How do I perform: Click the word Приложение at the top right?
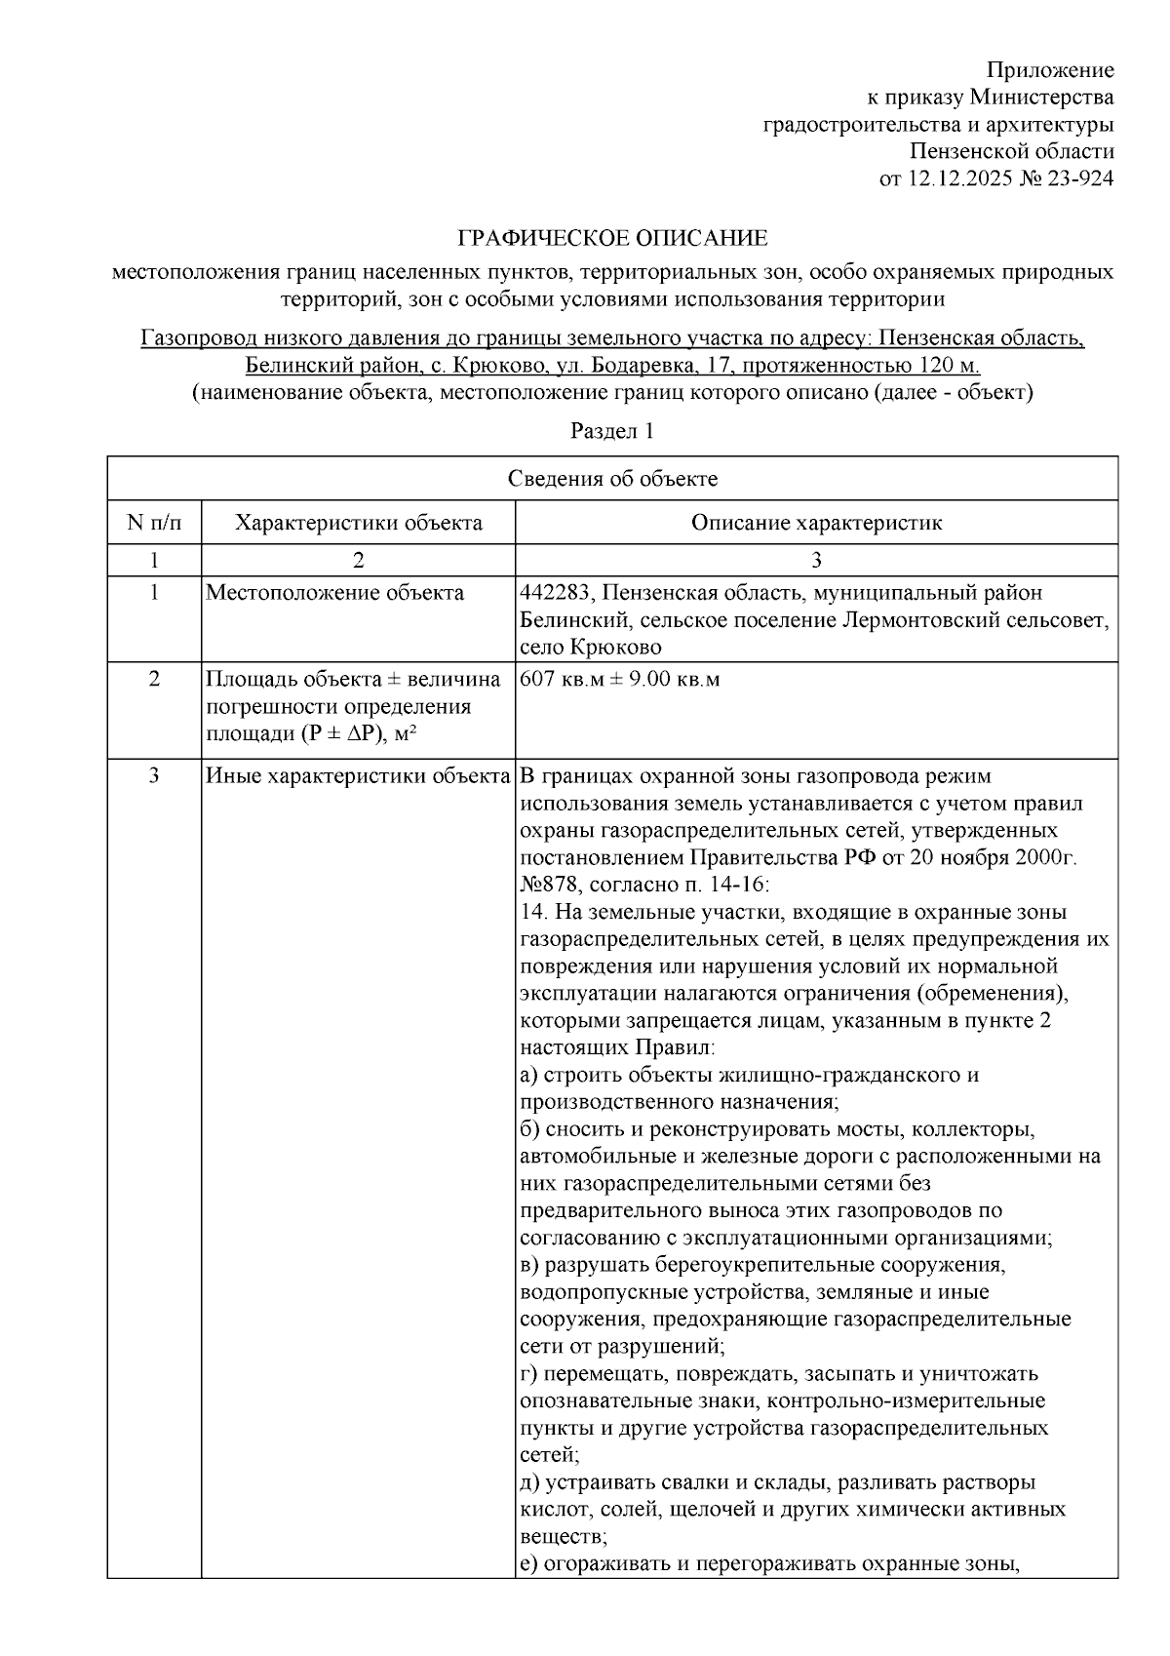click(1050, 70)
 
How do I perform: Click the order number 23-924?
click(1080, 178)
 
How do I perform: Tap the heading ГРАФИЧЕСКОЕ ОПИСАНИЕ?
click(613, 238)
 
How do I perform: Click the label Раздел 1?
click(612, 431)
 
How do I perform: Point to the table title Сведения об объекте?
click(612, 478)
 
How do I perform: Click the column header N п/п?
click(154, 523)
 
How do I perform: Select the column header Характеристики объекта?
click(358, 523)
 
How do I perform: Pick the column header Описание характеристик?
click(816, 523)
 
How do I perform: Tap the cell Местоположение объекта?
click(334, 593)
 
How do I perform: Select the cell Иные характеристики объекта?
click(358, 777)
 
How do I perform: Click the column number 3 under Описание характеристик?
click(816, 560)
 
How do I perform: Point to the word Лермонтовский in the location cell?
click(908, 620)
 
